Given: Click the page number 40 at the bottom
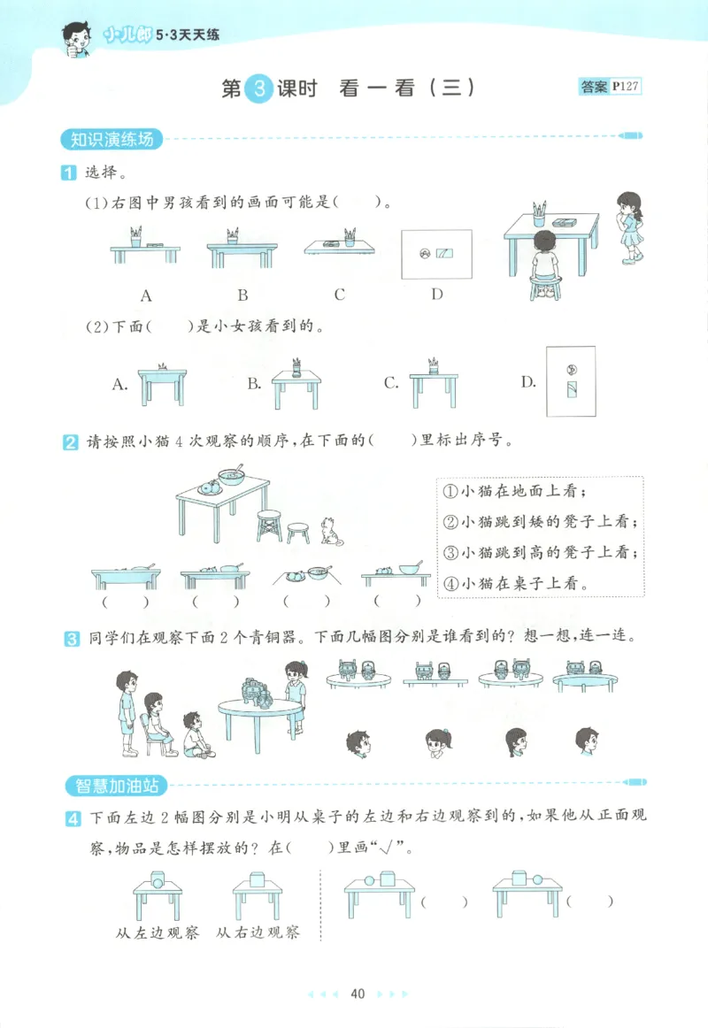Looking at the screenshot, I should (358, 993).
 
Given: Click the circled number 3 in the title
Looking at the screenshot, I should (258, 88).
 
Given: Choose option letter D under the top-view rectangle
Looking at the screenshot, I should (436, 295).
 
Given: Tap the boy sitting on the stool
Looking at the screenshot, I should (545, 261).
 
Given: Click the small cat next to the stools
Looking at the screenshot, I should (332, 530).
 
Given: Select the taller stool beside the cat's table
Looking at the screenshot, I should (269, 525).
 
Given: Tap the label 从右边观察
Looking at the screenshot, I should (258, 932).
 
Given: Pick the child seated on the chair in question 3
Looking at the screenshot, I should (156, 721).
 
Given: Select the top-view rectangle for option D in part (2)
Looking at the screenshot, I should (571, 380).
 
